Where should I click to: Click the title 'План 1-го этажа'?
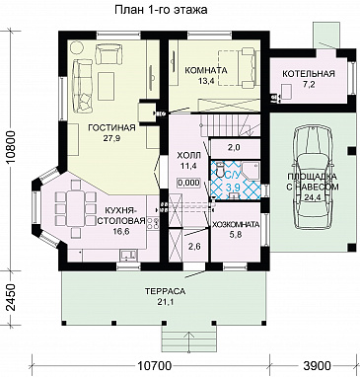(x=161, y=10)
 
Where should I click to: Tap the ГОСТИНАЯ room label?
(x=111, y=127)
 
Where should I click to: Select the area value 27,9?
(x=112, y=138)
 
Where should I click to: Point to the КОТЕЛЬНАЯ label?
(x=309, y=74)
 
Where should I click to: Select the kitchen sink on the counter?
(x=128, y=255)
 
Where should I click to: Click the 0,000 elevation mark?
(x=188, y=183)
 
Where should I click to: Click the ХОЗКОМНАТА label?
(x=236, y=225)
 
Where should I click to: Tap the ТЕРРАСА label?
(x=166, y=291)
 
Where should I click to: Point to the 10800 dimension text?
(x=12, y=151)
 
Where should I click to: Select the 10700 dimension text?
(x=155, y=365)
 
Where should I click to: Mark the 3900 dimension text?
(x=316, y=365)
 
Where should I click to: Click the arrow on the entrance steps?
(x=189, y=342)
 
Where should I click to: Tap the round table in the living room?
(x=78, y=48)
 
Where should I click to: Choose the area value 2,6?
(x=195, y=246)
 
